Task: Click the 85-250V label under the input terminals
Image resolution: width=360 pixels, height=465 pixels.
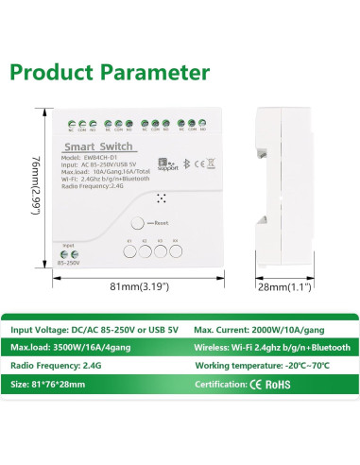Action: [70, 263]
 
